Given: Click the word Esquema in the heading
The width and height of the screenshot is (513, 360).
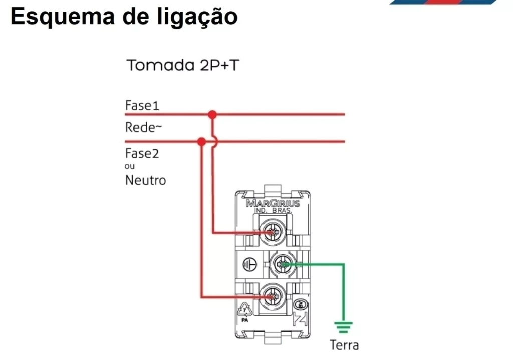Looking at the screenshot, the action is [63, 17].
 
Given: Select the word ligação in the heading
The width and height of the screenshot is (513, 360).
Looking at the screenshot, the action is [197, 17].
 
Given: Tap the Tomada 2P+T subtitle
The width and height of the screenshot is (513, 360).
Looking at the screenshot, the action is [182, 65].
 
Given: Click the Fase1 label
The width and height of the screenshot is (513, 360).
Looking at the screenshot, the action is [142, 105].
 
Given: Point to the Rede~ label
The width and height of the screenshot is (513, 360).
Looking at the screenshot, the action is [143, 127].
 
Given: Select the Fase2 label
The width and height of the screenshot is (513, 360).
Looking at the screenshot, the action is [142, 153].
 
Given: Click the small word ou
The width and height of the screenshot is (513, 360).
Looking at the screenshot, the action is [130, 166].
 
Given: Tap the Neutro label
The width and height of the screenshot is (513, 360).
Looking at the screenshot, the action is [146, 180].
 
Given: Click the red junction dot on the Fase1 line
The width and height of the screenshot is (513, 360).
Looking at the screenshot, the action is [212, 115].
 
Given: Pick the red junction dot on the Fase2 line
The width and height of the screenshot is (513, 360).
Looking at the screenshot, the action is [201, 142].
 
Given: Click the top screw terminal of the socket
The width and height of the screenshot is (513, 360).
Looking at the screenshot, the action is [273, 232].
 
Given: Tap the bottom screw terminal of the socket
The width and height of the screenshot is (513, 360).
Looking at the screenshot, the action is [273, 297].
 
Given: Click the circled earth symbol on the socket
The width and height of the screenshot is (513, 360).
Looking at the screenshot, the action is [249, 264].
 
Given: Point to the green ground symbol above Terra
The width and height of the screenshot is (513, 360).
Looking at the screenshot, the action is [343, 327].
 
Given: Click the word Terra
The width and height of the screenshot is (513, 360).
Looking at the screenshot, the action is [344, 345].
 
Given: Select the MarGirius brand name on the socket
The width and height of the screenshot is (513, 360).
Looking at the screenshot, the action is [273, 203].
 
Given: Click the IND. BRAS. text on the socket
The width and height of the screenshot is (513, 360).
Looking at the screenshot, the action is [273, 211].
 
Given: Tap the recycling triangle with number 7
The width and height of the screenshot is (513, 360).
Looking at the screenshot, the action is [244, 310].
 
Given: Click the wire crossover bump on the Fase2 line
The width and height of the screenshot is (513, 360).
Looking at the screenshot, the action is [215, 142].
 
